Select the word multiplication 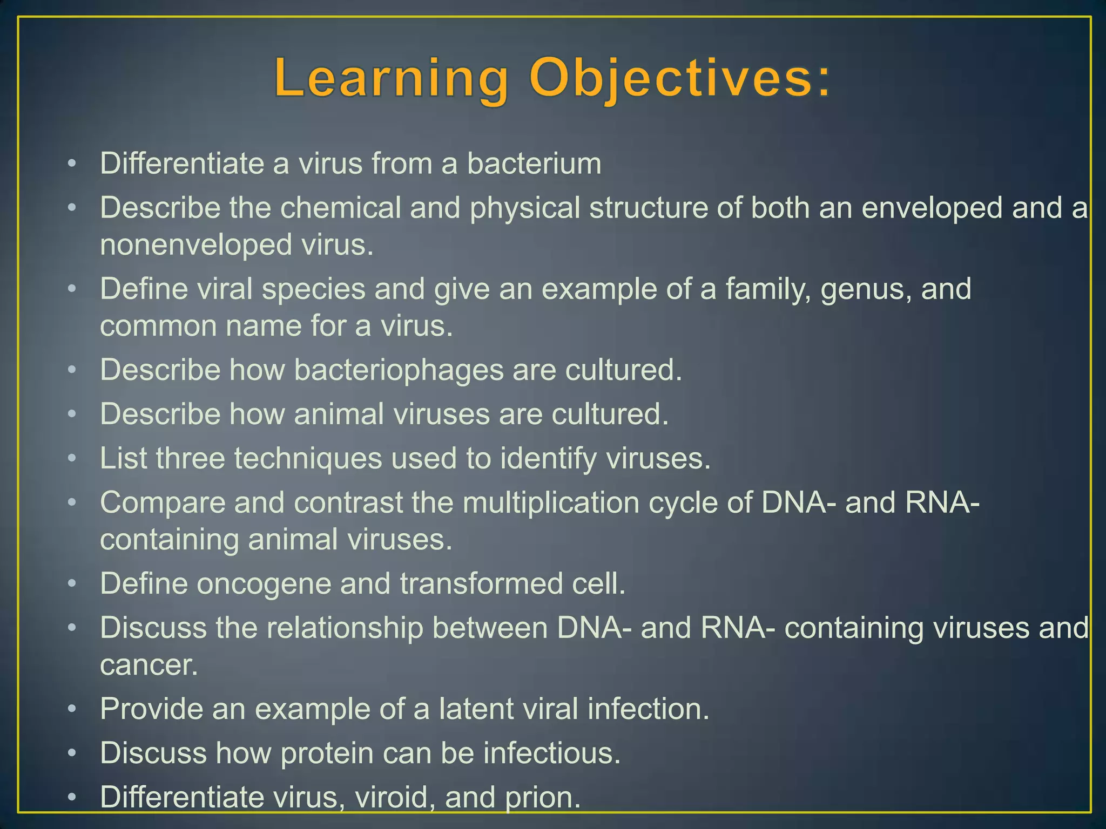[550, 502]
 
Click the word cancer [149, 665]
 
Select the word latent [475, 709]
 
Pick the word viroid [395, 798]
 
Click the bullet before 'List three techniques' [72, 459]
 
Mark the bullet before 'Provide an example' [72, 709]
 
